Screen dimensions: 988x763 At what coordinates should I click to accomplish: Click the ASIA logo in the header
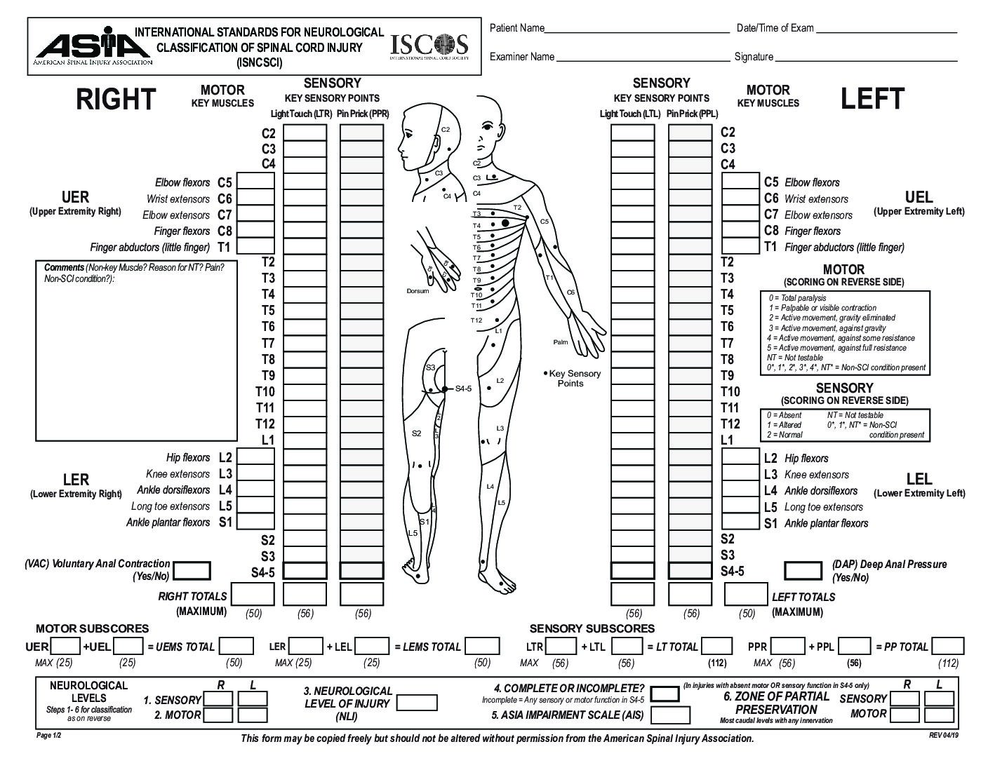click(x=93, y=46)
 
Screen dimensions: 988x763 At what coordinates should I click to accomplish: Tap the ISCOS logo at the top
click(x=429, y=46)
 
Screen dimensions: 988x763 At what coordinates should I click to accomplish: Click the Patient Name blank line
click(x=637, y=33)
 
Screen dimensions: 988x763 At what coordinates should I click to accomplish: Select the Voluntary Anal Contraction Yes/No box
click(x=192, y=571)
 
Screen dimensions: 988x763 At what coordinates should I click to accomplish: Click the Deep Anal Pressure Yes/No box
click(x=803, y=571)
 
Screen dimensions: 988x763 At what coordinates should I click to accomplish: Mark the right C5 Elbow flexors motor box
click(x=255, y=181)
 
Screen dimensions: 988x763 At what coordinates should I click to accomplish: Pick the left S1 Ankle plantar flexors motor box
click(x=741, y=521)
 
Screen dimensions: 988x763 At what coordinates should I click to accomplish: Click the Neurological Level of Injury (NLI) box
click(x=417, y=703)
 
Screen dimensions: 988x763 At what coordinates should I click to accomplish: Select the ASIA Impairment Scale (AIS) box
click(x=670, y=715)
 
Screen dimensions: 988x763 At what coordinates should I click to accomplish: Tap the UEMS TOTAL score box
click(x=236, y=646)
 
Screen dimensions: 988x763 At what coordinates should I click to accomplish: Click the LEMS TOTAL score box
click(x=482, y=646)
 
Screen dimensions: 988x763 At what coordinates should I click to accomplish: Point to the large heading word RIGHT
click(x=116, y=99)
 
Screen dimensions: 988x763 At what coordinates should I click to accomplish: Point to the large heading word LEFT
click(x=872, y=99)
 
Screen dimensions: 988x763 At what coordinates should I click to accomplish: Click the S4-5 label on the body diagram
click(x=463, y=389)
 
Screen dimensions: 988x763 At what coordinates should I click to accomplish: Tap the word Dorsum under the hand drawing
click(x=418, y=291)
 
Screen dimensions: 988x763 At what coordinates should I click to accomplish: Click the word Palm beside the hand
click(x=561, y=342)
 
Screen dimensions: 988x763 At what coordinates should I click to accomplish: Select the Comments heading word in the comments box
click(x=64, y=267)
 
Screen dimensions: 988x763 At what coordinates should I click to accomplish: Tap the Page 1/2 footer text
click(x=48, y=735)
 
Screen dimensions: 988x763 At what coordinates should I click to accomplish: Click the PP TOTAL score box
click(x=947, y=646)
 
